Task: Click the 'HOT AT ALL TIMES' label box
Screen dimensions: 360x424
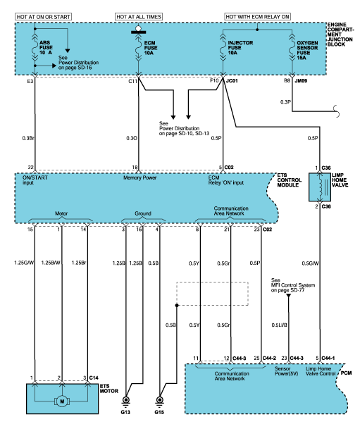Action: (139, 17)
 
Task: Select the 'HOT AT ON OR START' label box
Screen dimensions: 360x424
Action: (43, 17)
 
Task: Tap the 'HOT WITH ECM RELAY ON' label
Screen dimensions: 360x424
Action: (257, 17)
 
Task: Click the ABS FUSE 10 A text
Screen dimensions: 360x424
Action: (46, 48)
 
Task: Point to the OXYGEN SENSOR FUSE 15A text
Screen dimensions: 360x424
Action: (307, 50)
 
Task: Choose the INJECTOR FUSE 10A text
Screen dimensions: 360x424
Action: (240, 48)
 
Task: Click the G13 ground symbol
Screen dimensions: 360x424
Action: (125, 401)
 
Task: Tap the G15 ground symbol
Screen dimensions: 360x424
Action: (160, 401)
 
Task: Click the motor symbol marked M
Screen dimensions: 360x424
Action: (62, 401)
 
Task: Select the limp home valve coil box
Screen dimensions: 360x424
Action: (320, 187)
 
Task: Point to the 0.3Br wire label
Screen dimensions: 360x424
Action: (28, 138)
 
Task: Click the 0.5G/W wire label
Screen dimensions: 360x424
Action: (310, 263)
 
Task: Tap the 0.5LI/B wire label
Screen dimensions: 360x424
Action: (279, 325)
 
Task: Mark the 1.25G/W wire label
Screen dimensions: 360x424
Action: (24, 263)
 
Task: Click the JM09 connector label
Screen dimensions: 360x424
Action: (301, 80)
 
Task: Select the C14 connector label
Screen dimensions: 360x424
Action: (94, 378)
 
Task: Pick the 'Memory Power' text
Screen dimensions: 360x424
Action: (139, 177)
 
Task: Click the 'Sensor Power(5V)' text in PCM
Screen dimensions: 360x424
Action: (286, 371)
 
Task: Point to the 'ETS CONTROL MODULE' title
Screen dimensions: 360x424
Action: (289, 180)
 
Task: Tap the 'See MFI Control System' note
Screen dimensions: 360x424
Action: (293, 285)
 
